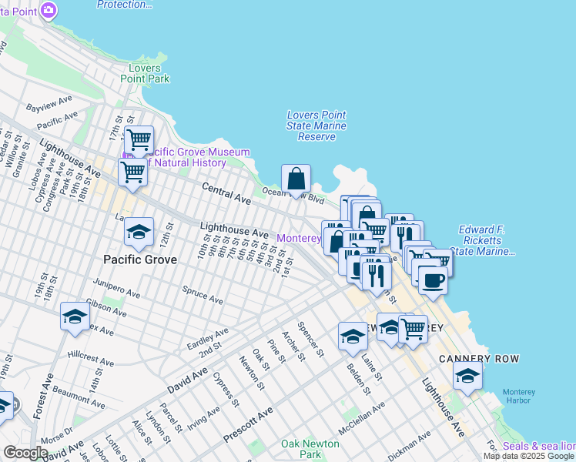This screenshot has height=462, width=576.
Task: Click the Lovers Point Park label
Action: tap(145, 73)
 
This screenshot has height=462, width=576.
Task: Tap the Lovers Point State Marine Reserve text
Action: tap(316, 126)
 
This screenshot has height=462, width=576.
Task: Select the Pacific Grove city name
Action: tap(140, 259)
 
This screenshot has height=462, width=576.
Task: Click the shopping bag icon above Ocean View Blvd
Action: tap(296, 179)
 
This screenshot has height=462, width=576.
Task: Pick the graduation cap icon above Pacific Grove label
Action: tap(139, 231)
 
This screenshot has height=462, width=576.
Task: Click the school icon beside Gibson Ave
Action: tap(75, 316)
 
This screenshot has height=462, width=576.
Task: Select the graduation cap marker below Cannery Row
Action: tap(467, 377)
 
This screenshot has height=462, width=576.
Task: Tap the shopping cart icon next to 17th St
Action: tap(139, 140)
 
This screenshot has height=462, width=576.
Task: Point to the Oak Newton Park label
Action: tap(310, 449)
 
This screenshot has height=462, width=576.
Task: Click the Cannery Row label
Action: tap(479, 359)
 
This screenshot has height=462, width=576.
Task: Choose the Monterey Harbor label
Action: tap(518, 397)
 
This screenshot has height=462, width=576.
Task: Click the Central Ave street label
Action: tap(226, 193)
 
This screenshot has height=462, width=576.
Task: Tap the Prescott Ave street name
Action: tap(248, 425)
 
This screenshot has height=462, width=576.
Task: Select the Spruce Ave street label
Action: tap(203, 295)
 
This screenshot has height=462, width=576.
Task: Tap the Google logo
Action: tap(25, 453)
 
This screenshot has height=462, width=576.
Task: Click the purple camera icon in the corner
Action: tap(49, 10)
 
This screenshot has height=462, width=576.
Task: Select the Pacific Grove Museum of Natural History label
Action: tap(189, 157)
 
